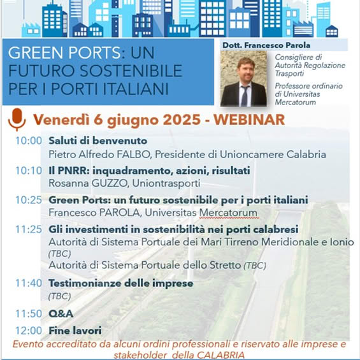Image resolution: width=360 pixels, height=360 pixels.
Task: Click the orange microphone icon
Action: [17, 119]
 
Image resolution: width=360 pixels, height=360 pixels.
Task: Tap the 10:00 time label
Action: [29, 141]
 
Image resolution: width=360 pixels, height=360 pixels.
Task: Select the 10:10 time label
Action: [29, 171]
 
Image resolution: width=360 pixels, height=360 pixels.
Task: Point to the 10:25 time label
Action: [29, 200]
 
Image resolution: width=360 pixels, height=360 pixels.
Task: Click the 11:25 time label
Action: [29, 229]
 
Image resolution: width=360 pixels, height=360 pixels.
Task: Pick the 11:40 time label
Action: [29, 283]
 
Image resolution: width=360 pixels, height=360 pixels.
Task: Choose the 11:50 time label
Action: [29, 313]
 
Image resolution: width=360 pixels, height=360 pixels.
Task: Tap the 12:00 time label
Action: [29, 331]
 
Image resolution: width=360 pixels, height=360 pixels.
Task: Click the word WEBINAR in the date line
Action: [249, 120]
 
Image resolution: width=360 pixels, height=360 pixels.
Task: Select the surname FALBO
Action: [133, 155]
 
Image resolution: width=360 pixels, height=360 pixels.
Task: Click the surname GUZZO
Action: [110, 184]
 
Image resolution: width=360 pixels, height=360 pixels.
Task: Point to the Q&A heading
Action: [61, 313]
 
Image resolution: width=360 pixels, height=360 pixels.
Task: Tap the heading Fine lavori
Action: [75, 331]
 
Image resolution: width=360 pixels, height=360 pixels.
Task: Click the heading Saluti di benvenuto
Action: [98, 141]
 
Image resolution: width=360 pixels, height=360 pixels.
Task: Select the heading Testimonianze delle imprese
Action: [121, 284]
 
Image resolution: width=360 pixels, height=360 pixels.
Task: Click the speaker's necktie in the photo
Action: [244, 96]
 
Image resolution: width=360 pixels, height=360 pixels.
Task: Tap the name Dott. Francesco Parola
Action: [266, 45]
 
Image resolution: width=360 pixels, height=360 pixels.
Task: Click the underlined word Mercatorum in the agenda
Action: [228, 213]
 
